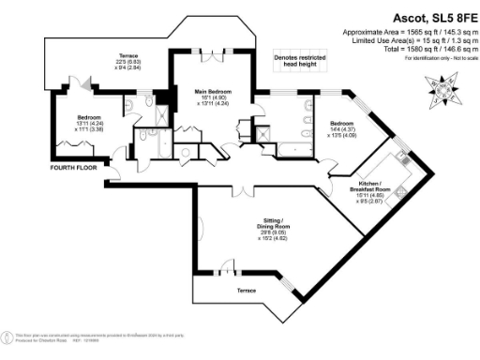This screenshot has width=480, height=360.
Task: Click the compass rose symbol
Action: (x=442, y=86)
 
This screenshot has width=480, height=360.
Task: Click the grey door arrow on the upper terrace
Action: (x=87, y=85)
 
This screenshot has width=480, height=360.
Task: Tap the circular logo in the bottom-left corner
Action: (x=9, y=337)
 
